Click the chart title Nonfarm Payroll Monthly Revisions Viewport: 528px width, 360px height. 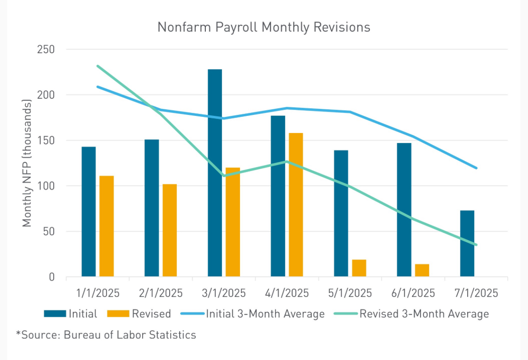pyautogui.click(x=264, y=28)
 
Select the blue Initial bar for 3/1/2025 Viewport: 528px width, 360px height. pyautogui.click(x=215, y=173)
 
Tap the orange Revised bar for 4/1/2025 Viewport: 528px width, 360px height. pyautogui.click(x=296, y=205)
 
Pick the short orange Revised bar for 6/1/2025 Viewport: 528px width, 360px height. pyautogui.click(x=422, y=270)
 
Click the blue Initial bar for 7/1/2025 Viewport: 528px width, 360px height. pyautogui.click(x=467, y=243)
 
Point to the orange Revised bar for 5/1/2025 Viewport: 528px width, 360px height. pyautogui.click(x=359, y=268)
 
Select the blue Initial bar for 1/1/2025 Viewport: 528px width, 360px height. pyautogui.click(x=88, y=211)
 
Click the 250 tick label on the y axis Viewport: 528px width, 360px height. pyautogui.click(x=46, y=49)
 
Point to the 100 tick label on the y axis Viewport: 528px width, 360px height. pyautogui.click(x=46, y=186)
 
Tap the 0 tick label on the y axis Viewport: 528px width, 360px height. pyautogui.click(x=52, y=277)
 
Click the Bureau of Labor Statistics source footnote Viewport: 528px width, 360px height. pyautogui.click(x=106, y=335)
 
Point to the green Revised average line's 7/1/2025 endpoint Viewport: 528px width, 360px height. pyautogui.click(x=476, y=245)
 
